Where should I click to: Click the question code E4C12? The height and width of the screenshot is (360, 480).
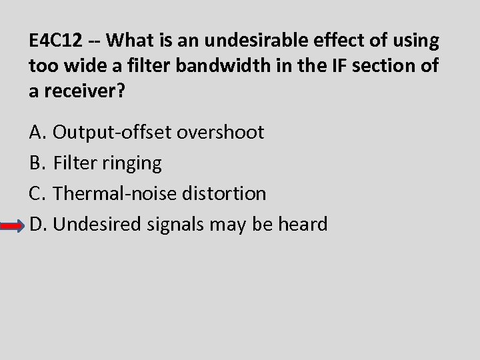[x=56, y=41]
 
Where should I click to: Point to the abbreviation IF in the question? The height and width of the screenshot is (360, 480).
[x=332, y=66]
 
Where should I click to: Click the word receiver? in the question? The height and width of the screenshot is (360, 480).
[x=81, y=91]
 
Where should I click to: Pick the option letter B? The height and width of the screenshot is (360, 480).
[x=37, y=163]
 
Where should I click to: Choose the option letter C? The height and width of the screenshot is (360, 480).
[x=37, y=193]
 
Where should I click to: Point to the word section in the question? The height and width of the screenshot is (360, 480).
[x=387, y=66]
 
